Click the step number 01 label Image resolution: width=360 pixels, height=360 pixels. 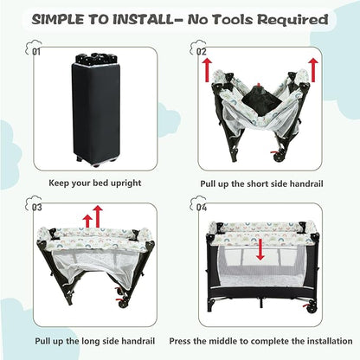pos(36,52)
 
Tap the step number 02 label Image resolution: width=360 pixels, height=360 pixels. pos(201,52)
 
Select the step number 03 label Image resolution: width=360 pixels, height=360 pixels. pos(36,208)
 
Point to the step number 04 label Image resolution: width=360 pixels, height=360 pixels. pos(202,208)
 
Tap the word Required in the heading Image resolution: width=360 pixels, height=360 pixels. pos(292,20)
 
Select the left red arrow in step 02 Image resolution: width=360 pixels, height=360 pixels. pos(207,70)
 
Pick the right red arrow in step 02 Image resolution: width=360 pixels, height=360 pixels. pos(313,70)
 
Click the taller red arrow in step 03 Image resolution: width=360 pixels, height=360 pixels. pos(98,217)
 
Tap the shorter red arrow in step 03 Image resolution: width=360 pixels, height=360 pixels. pos(87,222)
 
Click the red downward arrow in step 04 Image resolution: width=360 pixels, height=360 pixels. pos(260,249)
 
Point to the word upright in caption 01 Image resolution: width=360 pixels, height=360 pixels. pos(126,183)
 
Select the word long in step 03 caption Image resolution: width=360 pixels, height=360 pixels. pos(88,341)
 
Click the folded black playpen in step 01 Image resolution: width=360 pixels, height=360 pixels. pos(95,110)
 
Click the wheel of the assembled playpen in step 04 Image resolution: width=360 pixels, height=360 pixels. pos(312,309)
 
